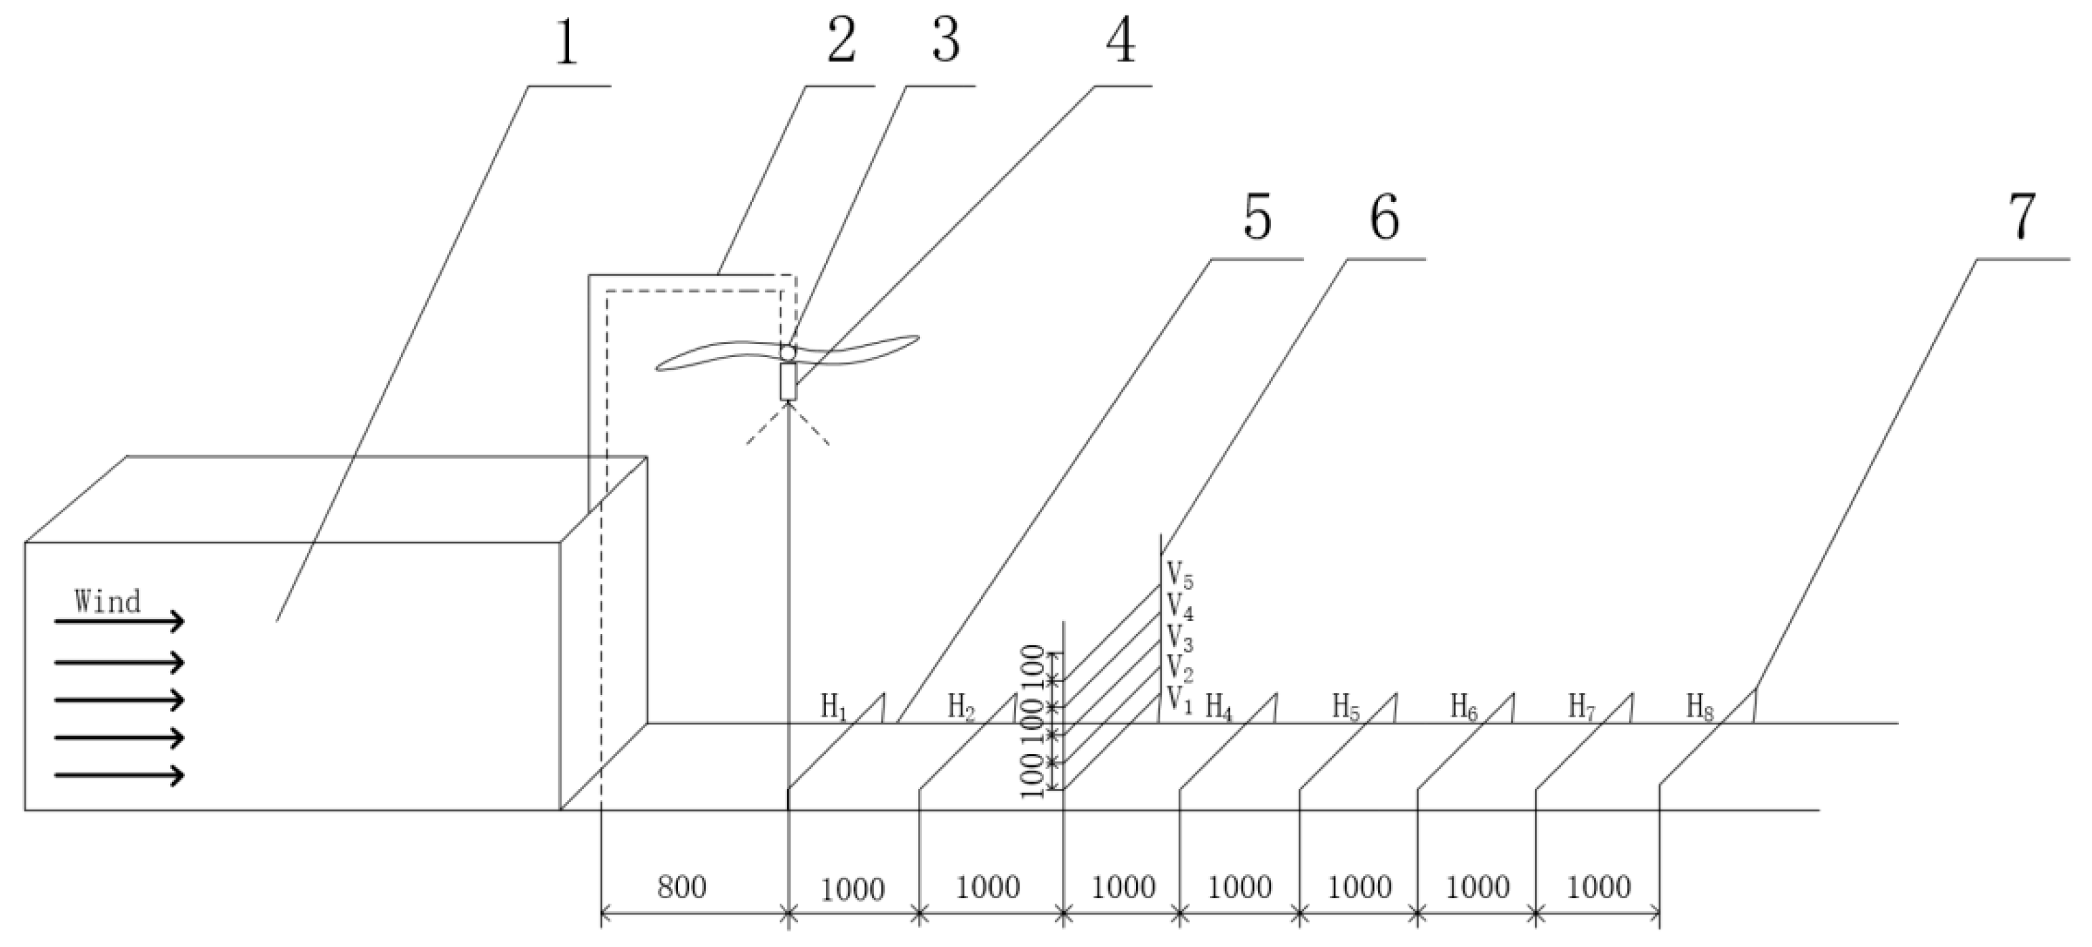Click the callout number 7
pos(2022,217)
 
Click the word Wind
pos(107,602)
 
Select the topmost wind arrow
pos(119,622)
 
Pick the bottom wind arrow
pos(119,776)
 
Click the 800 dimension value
pos(682,887)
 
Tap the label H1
pos(834,707)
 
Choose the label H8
pos(1700,707)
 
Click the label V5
pos(1180,574)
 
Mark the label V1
pos(1179,698)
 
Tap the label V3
pos(1180,637)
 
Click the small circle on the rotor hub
pos(788,352)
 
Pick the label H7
pos(1582,707)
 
